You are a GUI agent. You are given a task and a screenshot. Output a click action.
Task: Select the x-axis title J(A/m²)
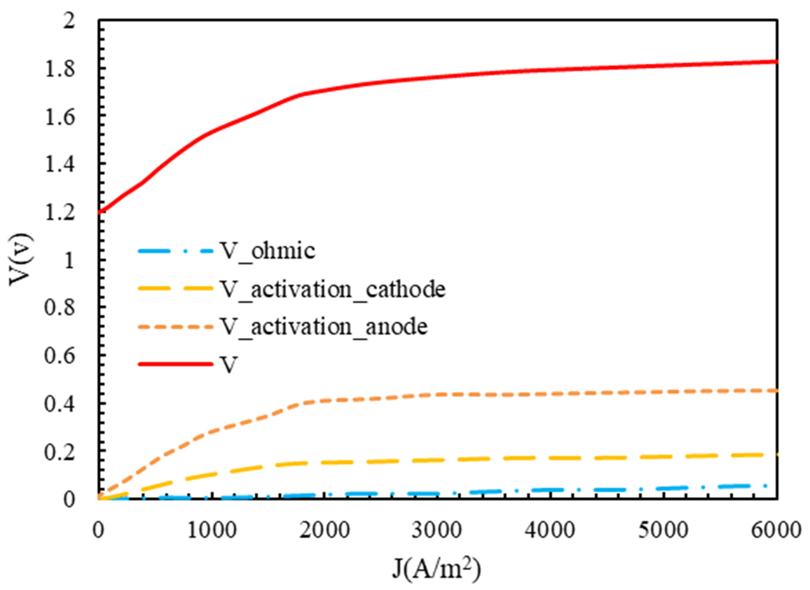point(436,568)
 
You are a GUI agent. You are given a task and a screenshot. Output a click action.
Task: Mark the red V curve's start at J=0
point(100,213)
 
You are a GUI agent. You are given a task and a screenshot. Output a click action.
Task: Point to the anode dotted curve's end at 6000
point(776,391)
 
